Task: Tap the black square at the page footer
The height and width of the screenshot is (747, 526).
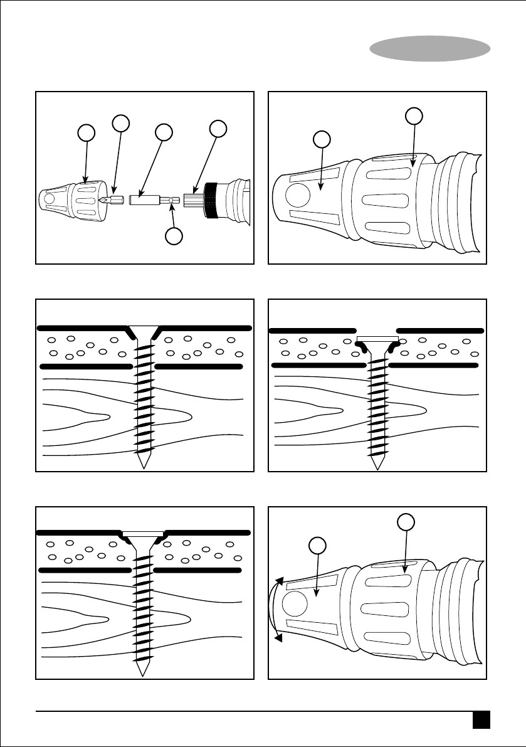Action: pyautogui.click(x=481, y=719)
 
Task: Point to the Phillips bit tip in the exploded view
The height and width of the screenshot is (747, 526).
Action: pyautogui.click(x=102, y=200)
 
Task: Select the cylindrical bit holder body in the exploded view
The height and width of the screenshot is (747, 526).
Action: pyautogui.click(x=144, y=201)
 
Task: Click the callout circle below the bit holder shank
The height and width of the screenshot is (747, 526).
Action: pyautogui.click(x=174, y=236)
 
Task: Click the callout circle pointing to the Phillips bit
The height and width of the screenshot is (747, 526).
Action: pyautogui.click(x=120, y=124)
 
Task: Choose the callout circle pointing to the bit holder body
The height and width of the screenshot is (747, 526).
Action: pyautogui.click(x=164, y=132)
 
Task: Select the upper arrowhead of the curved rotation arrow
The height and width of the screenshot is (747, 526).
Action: pyautogui.click(x=280, y=582)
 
